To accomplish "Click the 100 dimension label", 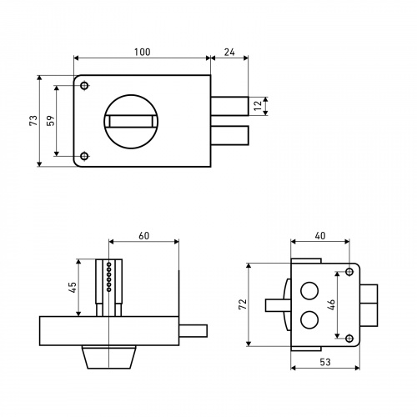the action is [x=143, y=52].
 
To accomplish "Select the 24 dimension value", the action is [x=229, y=52].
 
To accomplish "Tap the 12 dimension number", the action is [x=259, y=105].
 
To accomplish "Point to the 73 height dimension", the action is [x=33, y=120].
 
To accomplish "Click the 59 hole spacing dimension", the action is [x=51, y=121].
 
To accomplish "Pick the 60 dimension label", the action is [x=144, y=236].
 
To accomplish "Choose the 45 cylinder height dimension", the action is [x=73, y=288].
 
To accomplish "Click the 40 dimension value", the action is [x=320, y=236].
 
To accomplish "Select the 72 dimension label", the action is [x=243, y=304].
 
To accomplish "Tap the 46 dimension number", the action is [x=331, y=304].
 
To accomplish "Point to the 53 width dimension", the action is [x=325, y=362].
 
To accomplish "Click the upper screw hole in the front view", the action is [x=84, y=86].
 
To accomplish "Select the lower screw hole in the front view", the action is [x=84, y=156].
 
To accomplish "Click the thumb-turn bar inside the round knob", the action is [x=131, y=122].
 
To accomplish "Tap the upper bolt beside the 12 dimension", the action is [x=229, y=106].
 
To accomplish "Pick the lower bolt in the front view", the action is [x=229, y=135].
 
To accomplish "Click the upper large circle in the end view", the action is [x=309, y=291].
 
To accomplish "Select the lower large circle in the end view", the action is [x=309, y=319].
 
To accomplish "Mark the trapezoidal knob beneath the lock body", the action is [x=109, y=357].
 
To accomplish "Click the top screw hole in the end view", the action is [x=349, y=271].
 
